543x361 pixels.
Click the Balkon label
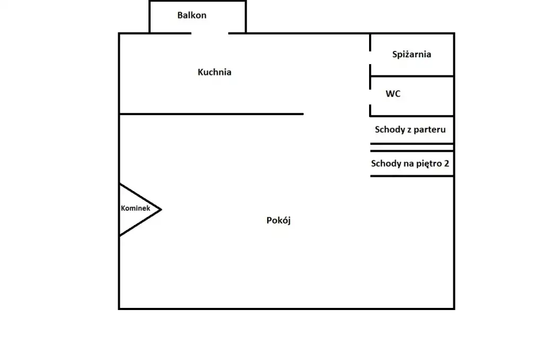point(192,15)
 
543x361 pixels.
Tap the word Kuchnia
point(214,72)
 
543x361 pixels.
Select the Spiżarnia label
point(411,55)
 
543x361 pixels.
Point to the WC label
point(393,93)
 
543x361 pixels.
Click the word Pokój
point(278,220)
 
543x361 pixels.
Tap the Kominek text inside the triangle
point(135,208)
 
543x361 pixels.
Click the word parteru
point(430,130)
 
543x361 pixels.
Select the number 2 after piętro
point(446,164)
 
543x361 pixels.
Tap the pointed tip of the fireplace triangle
point(161,210)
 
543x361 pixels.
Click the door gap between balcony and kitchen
point(210,33)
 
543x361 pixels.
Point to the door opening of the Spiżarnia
point(370,57)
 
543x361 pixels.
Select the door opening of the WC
point(370,97)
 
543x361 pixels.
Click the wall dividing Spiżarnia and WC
point(412,76)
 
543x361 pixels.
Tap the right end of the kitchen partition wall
point(303,114)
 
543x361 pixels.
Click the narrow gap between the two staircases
point(412,148)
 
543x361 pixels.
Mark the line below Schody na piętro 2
point(412,176)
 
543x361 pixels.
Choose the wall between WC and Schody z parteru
point(412,116)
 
